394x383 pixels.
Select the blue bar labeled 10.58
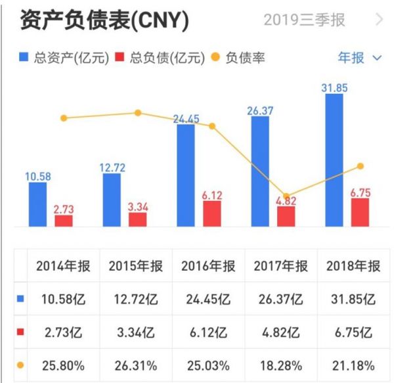tap(37, 205)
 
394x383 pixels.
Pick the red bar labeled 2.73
tap(64, 221)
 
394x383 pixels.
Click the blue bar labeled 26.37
tap(260, 173)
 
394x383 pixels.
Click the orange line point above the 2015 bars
tap(138, 113)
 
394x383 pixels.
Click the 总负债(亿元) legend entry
tap(154, 58)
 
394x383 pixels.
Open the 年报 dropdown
tap(359, 58)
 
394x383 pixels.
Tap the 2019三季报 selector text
tap(304, 20)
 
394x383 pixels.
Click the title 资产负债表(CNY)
tap(105, 21)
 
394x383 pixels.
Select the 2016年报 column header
tap(208, 267)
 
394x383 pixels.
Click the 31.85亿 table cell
tap(353, 299)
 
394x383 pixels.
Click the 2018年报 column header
tap(353, 267)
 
